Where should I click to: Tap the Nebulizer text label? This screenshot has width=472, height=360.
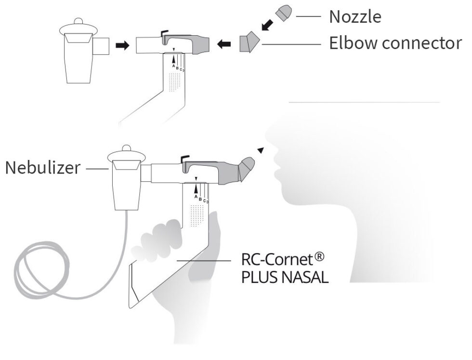coord(43,168)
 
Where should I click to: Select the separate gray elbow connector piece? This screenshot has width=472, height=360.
coord(249,42)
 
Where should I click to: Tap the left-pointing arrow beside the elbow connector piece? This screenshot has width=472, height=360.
coord(223,45)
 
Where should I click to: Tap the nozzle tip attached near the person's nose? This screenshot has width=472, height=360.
coord(249,166)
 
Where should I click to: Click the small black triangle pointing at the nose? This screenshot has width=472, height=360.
coord(261,150)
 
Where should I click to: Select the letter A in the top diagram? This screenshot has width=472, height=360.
coord(173,65)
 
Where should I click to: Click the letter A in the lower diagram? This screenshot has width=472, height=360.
coord(196,196)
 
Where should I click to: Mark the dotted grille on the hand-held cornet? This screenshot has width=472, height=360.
coord(197,215)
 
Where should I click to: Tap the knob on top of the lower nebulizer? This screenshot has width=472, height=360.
coord(126,148)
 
